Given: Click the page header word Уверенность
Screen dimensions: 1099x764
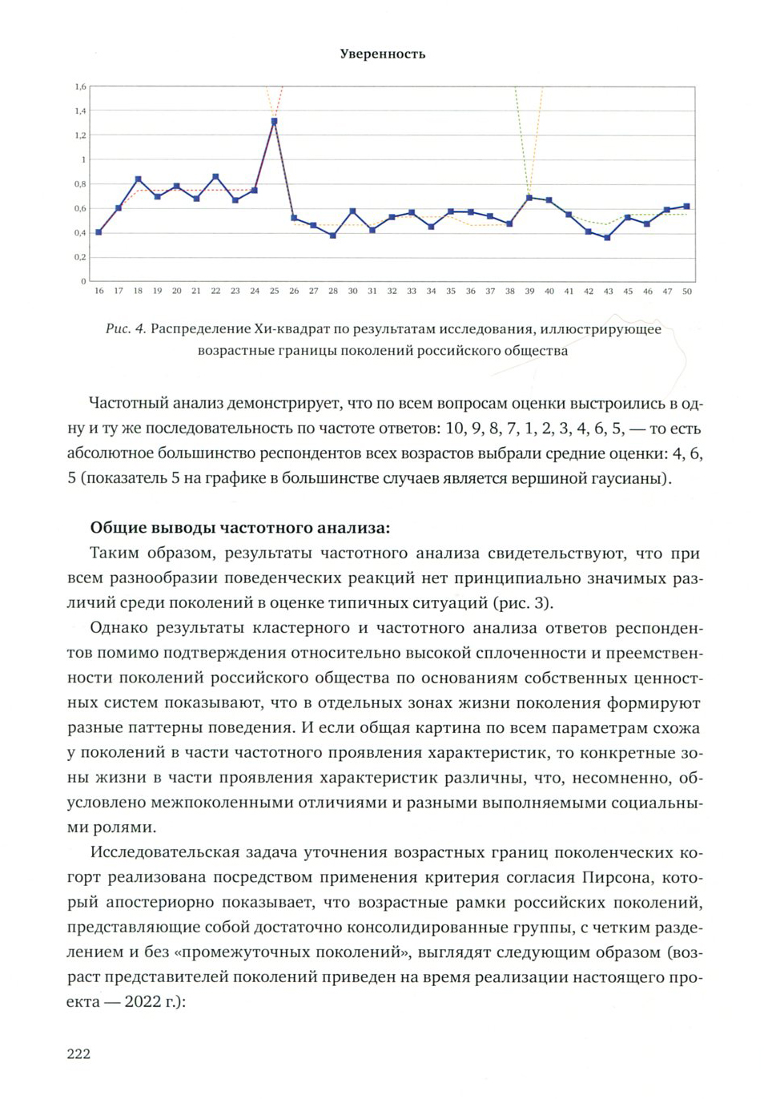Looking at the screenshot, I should coord(382,54).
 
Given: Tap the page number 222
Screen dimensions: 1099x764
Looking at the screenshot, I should coord(78,1053).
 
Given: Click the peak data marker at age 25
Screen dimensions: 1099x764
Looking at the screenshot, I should coord(274,122).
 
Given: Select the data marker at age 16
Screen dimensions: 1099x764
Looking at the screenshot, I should coord(99,232).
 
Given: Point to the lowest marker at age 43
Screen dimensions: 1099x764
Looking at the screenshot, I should coord(608,238).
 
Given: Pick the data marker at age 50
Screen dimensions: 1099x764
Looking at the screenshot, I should coord(686,207).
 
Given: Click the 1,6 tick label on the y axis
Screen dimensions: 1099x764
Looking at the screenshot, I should coord(80,87).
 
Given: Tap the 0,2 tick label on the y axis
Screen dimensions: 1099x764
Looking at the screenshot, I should coord(80,257).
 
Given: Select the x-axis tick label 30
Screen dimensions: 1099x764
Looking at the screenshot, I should coord(352,292).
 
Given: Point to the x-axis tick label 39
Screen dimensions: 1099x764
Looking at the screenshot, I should coord(529,292).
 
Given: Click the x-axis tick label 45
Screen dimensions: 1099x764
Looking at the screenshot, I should coord(628,292).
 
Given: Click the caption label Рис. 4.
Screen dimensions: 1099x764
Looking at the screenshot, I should coord(126,329).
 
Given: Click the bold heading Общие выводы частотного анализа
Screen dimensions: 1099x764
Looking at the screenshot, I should coord(239,528).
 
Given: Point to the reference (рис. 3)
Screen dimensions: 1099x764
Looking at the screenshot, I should coord(522,602).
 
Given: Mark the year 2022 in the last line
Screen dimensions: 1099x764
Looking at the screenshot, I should coord(144,1002).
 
